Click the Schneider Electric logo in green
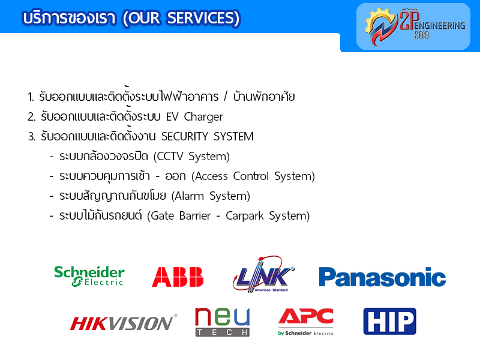89,276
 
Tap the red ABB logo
178,277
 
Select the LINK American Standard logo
263,274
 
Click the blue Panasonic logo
382,277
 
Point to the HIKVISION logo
124,323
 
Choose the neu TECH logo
223,322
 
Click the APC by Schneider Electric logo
306,322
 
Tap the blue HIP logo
389,321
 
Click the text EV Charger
194,116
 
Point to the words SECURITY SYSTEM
208,136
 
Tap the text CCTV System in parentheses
191,157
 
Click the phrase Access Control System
253,176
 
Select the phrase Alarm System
211,196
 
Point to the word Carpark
245,216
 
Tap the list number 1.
31,97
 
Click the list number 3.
32,137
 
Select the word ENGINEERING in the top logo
440,26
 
